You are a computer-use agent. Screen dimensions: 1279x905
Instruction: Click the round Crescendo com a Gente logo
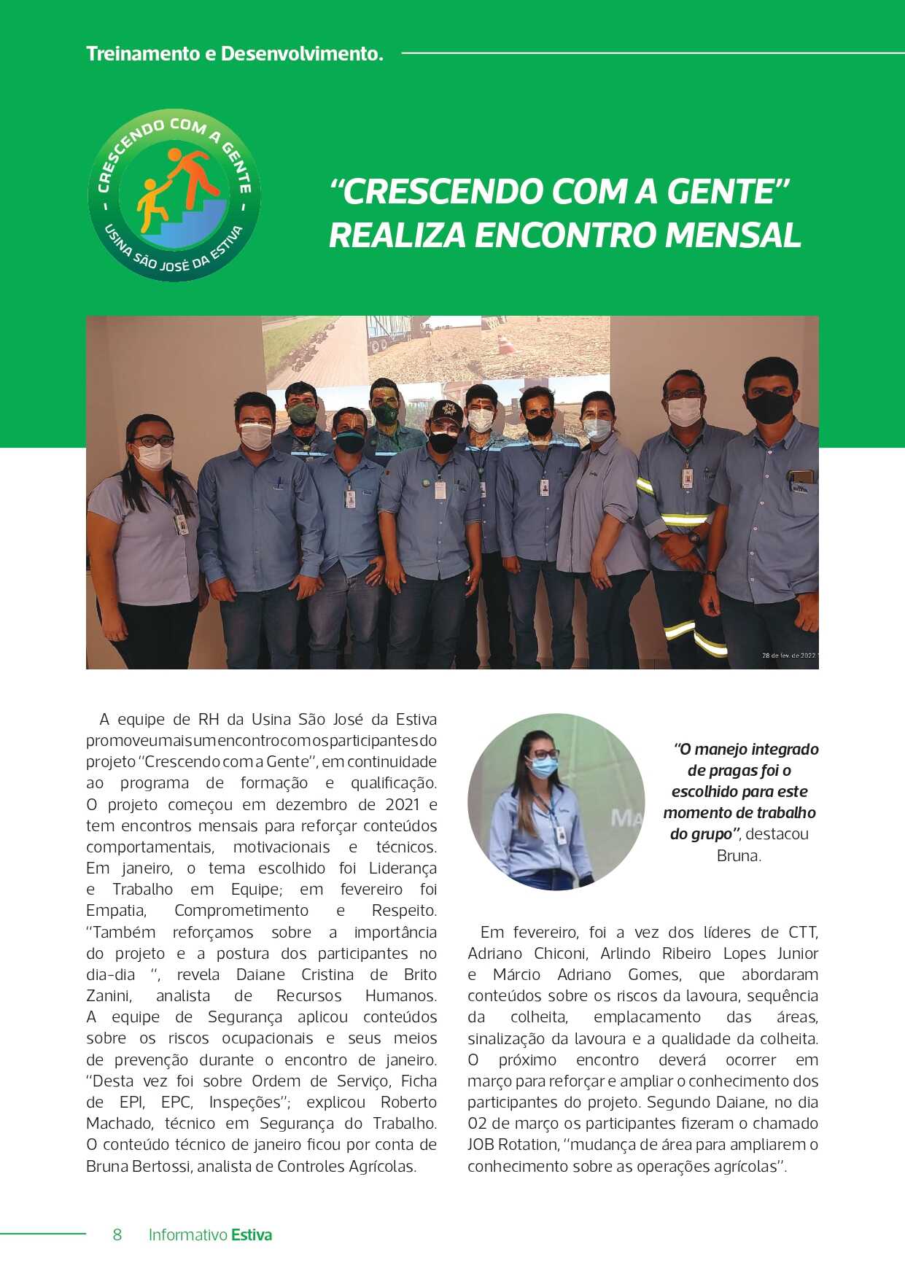click(174, 195)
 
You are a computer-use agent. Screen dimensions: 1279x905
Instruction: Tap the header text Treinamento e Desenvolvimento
click(234, 54)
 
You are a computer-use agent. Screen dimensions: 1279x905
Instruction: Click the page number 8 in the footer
click(117, 1235)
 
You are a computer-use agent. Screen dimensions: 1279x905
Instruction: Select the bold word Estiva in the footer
click(252, 1235)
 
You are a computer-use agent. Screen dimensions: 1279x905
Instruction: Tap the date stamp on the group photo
click(789, 656)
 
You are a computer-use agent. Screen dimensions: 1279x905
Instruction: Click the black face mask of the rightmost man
click(769, 406)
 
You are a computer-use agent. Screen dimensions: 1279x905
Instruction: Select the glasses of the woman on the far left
click(153, 440)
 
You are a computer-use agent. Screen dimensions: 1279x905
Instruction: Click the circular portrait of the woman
click(556, 801)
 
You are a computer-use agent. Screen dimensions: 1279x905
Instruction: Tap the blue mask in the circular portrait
click(543, 767)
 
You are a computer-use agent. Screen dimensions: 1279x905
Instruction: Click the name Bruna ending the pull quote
click(739, 855)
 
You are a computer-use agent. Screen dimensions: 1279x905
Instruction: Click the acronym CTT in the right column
click(802, 932)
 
